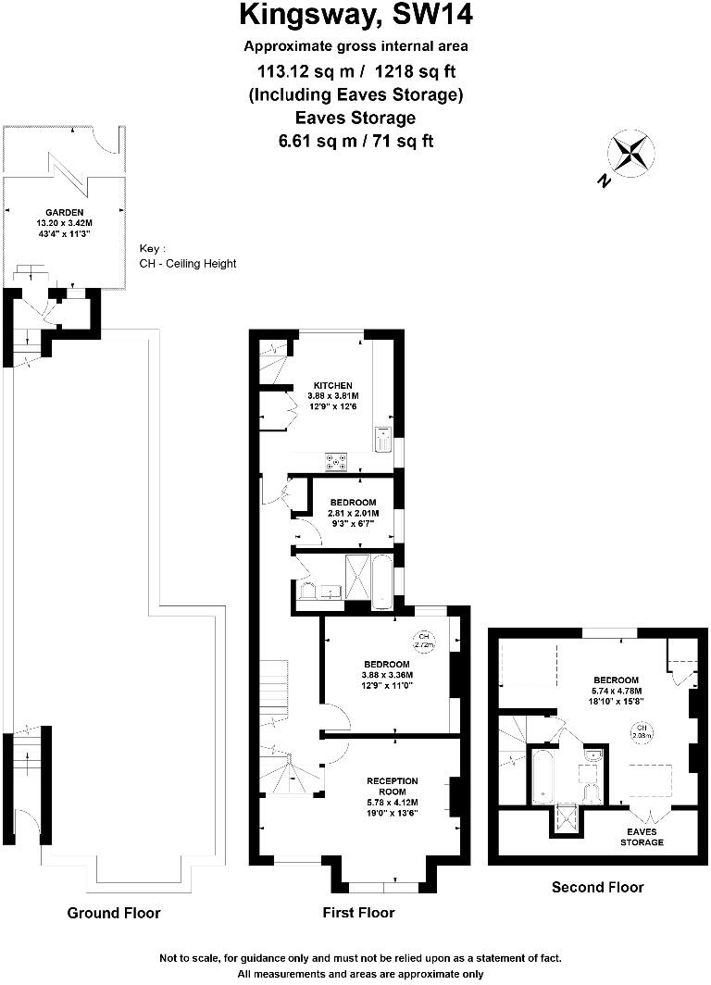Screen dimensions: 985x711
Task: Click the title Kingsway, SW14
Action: click(x=355, y=16)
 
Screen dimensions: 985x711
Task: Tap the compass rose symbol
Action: click(x=630, y=153)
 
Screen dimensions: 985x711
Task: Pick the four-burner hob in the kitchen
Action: click(x=335, y=459)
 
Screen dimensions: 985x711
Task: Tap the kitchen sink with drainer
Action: click(x=384, y=439)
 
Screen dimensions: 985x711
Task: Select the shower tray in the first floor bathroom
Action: click(x=357, y=571)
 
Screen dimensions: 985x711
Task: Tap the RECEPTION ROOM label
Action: click(x=393, y=786)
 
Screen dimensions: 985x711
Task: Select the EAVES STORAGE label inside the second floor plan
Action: click(x=642, y=837)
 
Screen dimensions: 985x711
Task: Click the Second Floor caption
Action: click(x=597, y=887)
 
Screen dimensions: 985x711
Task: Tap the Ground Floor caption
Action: click(x=114, y=913)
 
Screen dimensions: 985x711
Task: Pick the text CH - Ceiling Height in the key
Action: click(x=188, y=264)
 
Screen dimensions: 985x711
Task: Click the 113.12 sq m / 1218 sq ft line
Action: click(x=355, y=70)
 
